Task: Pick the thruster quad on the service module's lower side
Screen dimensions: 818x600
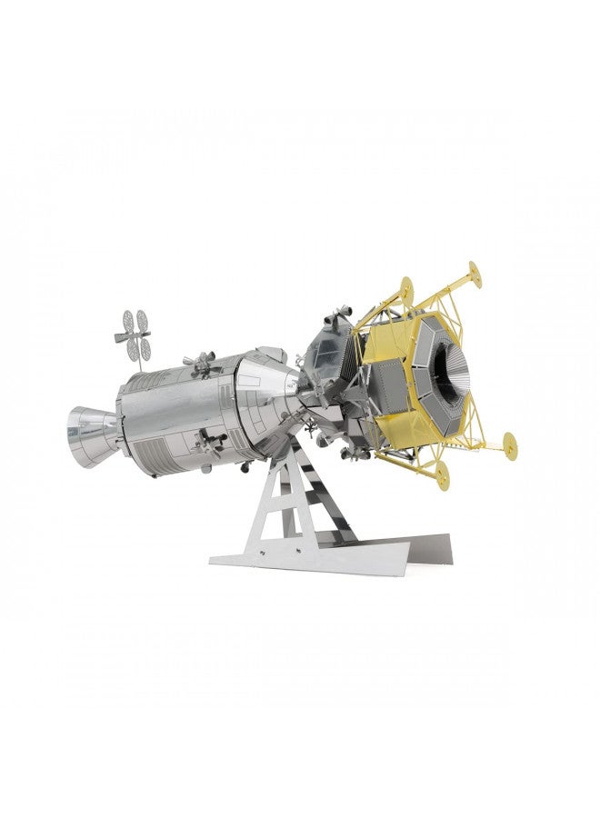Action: coord(214,443)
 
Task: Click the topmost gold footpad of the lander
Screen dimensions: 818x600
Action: coord(472,271)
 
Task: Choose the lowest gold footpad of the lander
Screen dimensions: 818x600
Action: coord(444,472)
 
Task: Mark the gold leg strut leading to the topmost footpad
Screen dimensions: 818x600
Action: coord(455,295)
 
